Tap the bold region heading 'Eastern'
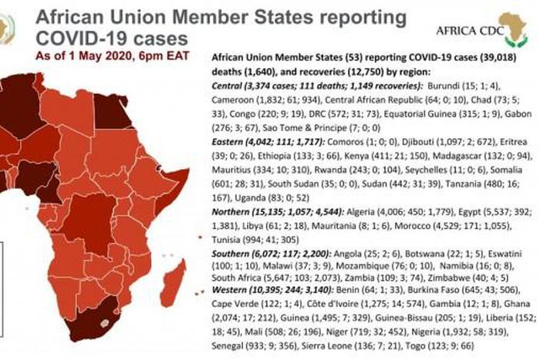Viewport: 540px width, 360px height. pyautogui.click(x=230, y=143)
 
